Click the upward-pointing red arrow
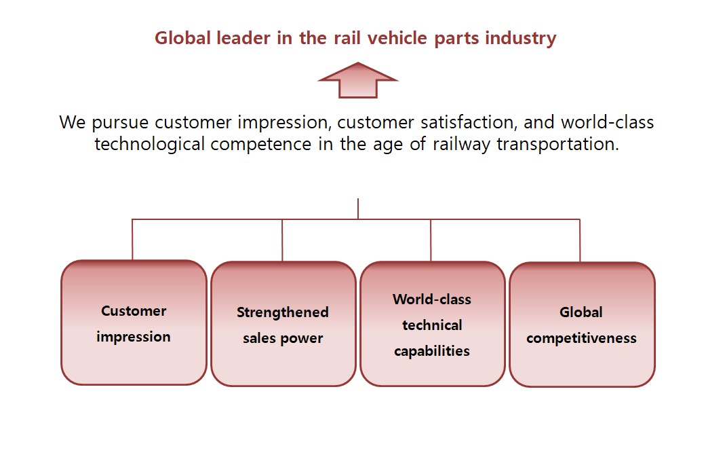(x=358, y=80)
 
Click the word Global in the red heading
(x=182, y=38)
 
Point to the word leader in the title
(x=243, y=38)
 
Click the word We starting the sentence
(x=73, y=123)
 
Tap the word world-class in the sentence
(x=608, y=122)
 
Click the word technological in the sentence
(x=149, y=145)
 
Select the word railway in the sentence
(x=461, y=145)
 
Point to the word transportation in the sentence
(x=557, y=145)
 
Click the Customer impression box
(x=134, y=323)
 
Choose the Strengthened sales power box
(x=283, y=324)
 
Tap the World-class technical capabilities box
(x=433, y=324)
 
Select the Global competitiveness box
(x=582, y=324)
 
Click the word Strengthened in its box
(x=283, y=312)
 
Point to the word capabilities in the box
(x=432, y=352)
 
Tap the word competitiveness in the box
(x=581, y=339)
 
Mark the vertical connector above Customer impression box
(x=132, y=239)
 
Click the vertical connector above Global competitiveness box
(x=580, y=240)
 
